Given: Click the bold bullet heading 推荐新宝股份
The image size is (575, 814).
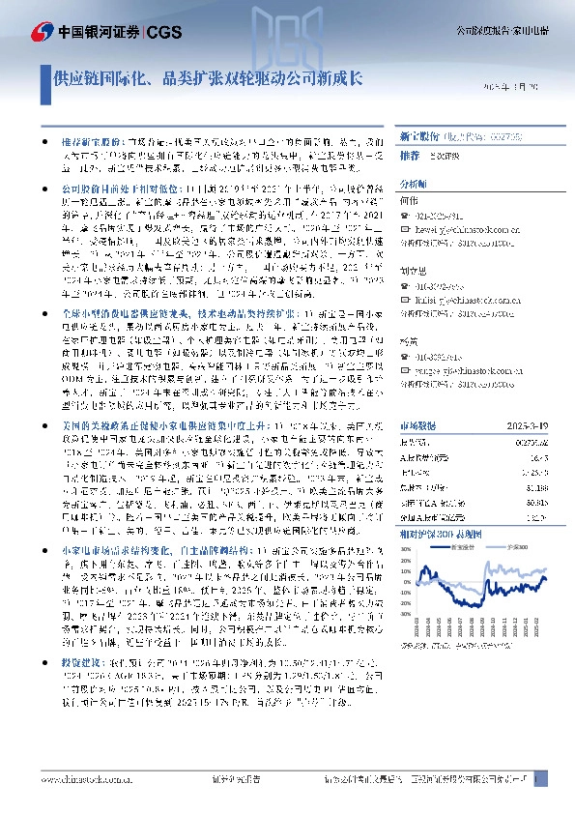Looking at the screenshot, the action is [76, 141].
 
